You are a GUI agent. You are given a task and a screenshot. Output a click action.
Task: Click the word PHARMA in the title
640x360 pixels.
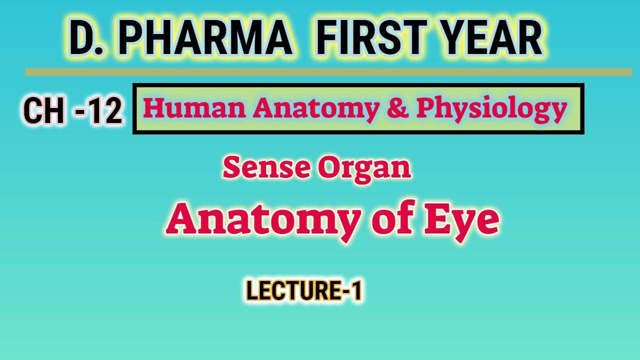pyautogui.click(x=205, y=39)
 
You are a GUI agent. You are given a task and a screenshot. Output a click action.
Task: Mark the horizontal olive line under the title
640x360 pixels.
pyautogui.click(x=328, y=72)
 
